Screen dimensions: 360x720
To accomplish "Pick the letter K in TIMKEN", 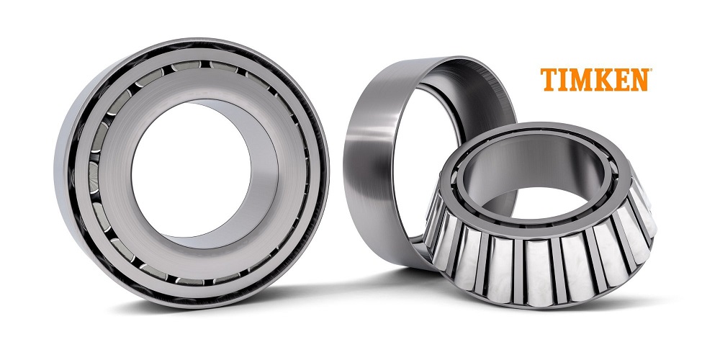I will (605, 79).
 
